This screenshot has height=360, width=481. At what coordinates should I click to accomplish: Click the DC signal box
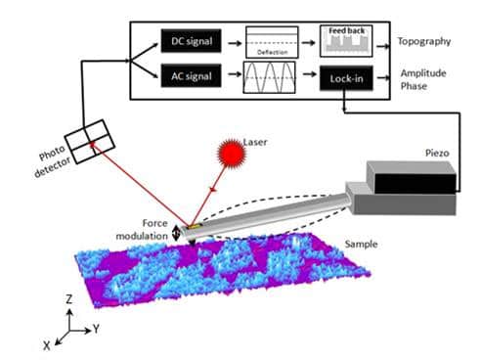(187, 42)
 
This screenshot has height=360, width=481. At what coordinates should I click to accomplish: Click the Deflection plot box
(269, 44)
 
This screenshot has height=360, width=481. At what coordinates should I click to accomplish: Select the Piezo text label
(438, 152)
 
